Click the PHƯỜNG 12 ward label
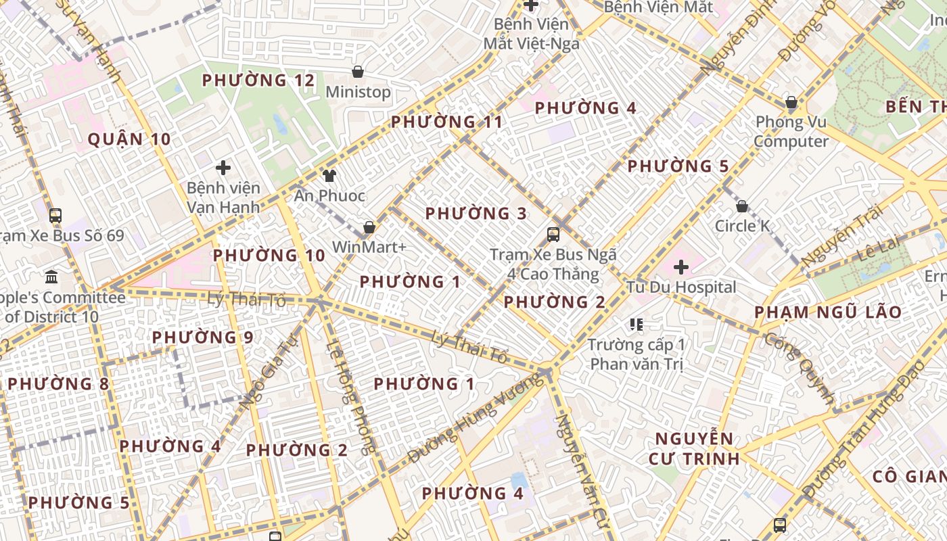coord(258,80)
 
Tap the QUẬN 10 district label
coord(129,140)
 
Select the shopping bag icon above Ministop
coord(358,72)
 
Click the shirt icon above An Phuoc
coord(329,176)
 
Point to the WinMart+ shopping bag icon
coord(369,227)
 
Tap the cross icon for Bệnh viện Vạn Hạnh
coord(223,167)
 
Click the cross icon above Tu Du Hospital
coord(681,267)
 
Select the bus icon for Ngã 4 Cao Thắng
coord(553,235)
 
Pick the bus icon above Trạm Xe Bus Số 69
coord(55,216)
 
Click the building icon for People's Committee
coord(51,277)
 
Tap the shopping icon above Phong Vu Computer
coord(791,103)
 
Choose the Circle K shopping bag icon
coord(742,206)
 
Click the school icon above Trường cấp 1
coord(636,325)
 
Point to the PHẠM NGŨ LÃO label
coord(828,312)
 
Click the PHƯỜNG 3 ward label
coord(476,214)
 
